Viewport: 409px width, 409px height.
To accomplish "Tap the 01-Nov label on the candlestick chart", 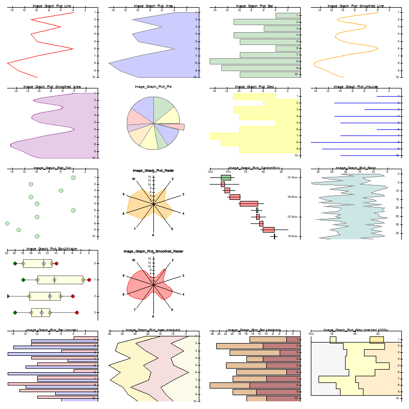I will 293,177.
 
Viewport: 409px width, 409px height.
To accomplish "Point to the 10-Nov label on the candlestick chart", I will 293,236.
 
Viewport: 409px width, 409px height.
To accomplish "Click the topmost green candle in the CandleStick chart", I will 225,177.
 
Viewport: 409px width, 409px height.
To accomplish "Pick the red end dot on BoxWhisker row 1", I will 89,280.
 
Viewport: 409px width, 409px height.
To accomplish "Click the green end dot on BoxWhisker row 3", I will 15,312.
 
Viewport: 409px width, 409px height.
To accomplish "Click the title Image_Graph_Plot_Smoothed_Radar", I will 153,252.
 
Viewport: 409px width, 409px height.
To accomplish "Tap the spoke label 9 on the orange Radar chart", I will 123,194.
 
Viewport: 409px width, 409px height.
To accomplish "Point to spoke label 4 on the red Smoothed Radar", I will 183,294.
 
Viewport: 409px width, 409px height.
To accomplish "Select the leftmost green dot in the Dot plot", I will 7,223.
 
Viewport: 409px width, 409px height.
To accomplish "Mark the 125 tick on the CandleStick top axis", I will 210,171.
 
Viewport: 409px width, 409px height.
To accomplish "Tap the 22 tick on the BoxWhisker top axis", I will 7,253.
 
